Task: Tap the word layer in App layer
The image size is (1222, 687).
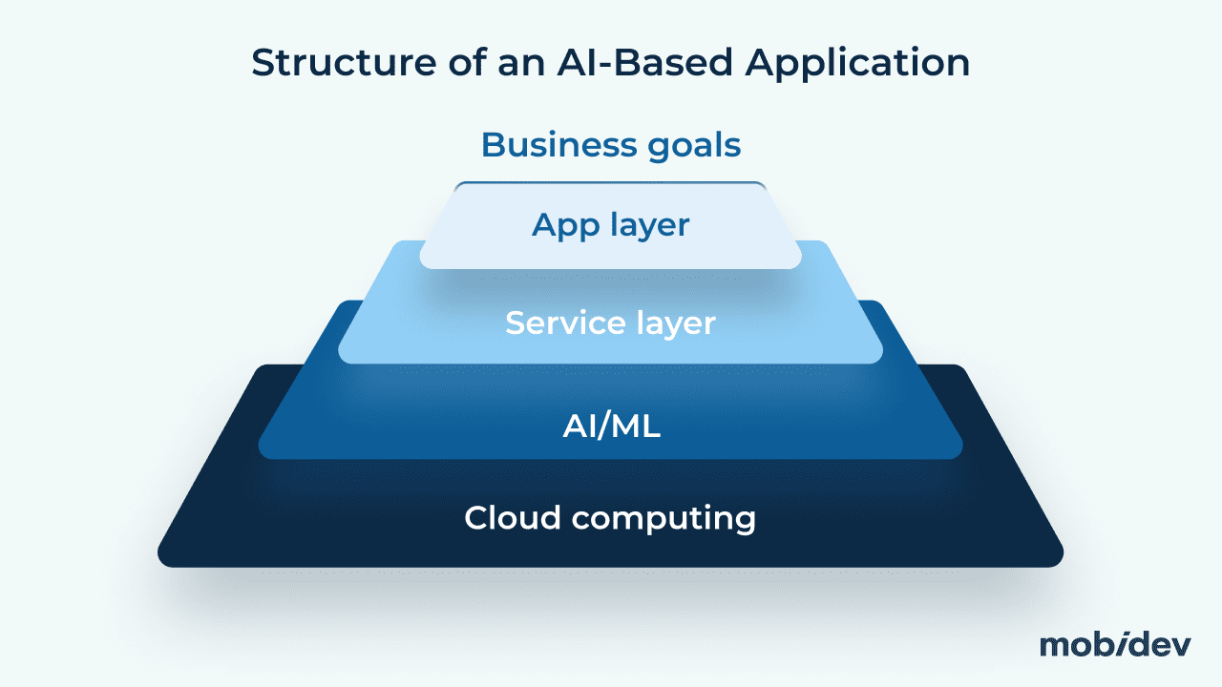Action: coord(648,225)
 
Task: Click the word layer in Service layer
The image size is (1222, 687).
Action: coord(672,323)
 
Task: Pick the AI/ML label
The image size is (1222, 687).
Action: coord(611,427)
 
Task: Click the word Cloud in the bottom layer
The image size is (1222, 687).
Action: coord(511,518)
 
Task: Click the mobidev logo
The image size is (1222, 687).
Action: coord(1114,644)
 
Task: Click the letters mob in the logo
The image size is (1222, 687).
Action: coord(1073,644)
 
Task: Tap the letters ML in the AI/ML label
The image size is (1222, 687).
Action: coord(637,427)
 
